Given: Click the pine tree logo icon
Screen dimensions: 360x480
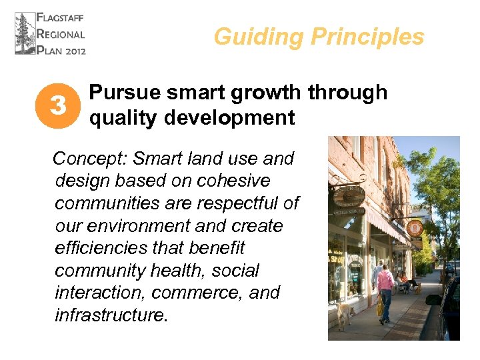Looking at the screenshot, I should pos(25,33).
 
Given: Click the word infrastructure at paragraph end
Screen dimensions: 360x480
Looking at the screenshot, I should pos(109,315).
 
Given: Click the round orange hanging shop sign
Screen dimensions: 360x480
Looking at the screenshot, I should pos(415,227).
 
